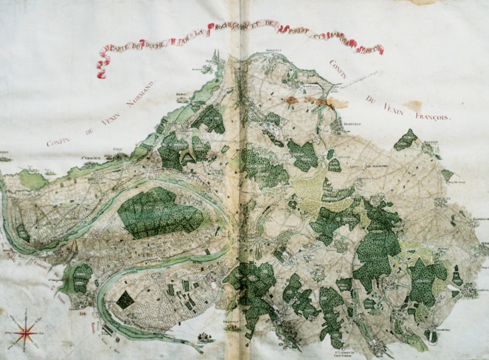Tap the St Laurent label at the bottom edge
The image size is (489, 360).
pos(346,347)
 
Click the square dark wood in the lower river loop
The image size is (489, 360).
pos(125,299)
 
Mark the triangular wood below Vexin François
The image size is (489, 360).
pos(405,141)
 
